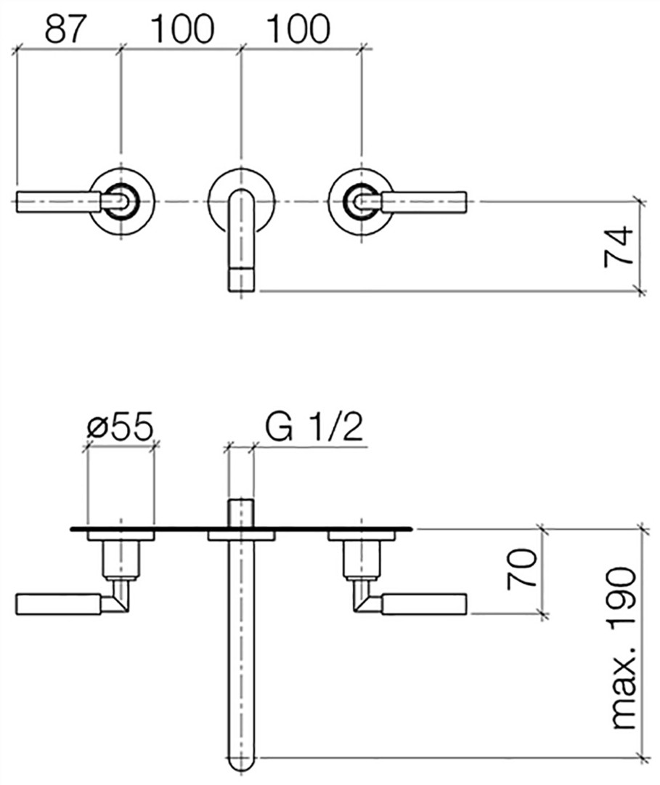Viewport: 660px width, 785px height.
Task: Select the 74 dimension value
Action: tap(619, 247)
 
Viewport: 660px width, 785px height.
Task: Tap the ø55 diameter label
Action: tap(120, 427)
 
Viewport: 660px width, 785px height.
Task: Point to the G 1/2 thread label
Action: tap(314, 427)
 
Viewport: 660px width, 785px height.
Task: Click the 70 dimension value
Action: tap(521, 569)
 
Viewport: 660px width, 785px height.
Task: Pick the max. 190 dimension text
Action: tap(624, 648)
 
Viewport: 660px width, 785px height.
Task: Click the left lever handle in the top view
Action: tap(59, 202)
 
